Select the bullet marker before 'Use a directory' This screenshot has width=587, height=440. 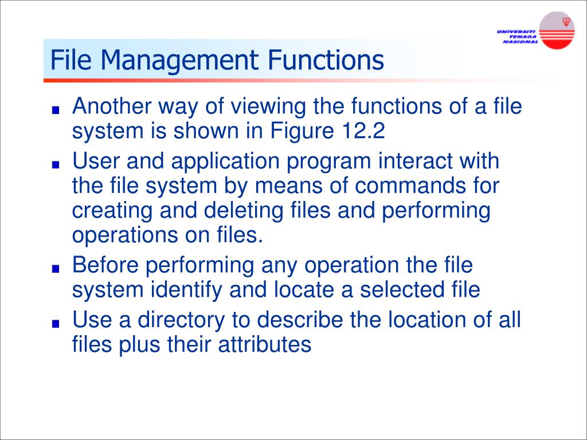pyautogui.click(x=56, y=323)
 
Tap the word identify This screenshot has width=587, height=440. pyautogui.click(x=186, y=290)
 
